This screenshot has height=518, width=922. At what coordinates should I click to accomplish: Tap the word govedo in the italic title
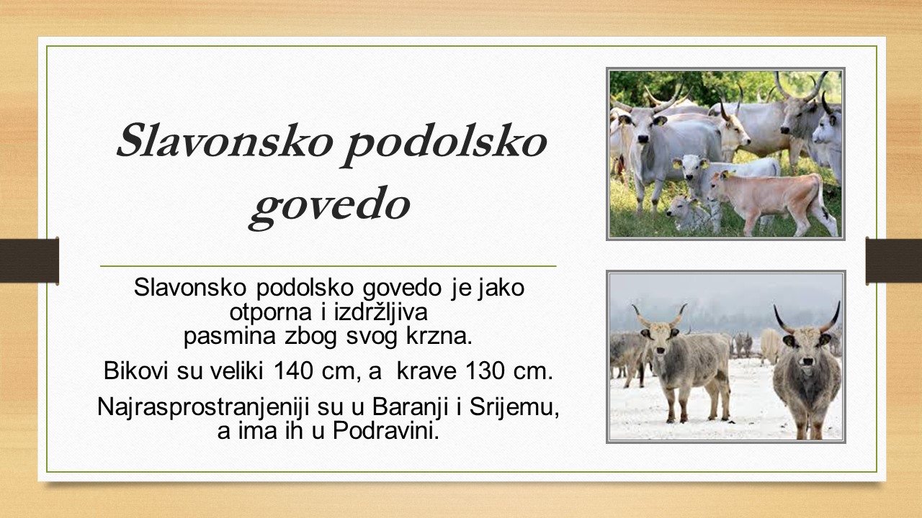coord(329,208)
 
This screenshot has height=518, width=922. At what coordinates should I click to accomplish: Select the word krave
coord(426,371)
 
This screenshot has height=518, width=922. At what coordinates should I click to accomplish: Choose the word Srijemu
coord(514,408)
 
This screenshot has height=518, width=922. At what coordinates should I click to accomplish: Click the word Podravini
coord(385,431)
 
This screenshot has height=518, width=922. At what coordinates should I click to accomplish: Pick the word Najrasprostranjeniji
coord(203,408)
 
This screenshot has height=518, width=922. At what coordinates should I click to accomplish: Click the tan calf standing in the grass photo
coord(771,200)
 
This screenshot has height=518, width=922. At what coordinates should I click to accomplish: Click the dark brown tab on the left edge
coord(30,260)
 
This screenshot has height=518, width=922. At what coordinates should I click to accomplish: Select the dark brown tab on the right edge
coord(894,260)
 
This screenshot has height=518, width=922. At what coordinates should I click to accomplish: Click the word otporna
coord(270,314)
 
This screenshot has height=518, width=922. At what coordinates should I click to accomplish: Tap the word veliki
coord(237,371)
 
